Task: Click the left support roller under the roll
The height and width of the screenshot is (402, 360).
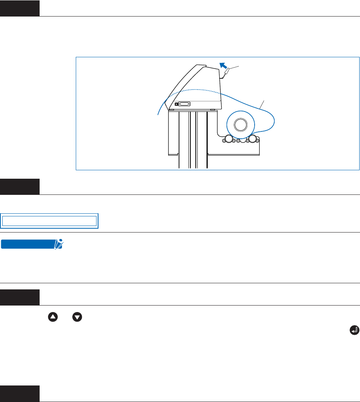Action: click(228, 139)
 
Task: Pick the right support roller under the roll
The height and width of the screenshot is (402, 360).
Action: click(252, 139)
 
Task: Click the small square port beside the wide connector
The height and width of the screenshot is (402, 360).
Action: click(177, 104)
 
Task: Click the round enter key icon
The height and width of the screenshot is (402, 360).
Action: click(355, 330)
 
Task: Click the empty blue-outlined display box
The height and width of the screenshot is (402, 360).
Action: click(49, 221)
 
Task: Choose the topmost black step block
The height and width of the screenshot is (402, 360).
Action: click(20, 8)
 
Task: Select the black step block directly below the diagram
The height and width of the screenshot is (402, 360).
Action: click(20, 186)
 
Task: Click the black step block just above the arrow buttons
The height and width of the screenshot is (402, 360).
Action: click(20, 297)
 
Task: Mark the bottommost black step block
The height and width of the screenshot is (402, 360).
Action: click(20, 394)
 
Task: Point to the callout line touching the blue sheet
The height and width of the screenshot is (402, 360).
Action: click(262, 103)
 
